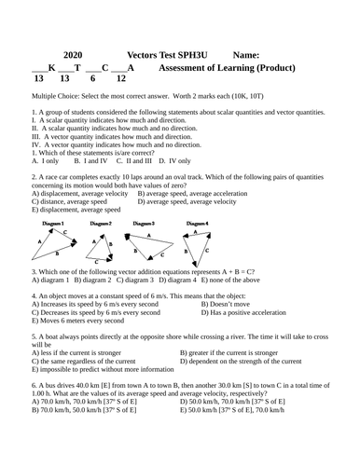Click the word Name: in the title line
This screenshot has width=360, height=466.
click(252, 55)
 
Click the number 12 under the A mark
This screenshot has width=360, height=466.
click(120, 80)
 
